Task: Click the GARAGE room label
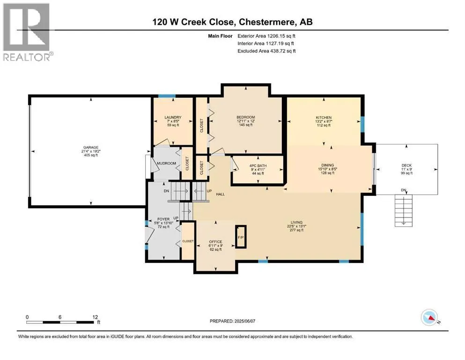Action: pos(91,148)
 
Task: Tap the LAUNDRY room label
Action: pos(173,118)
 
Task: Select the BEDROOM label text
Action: pos(245,117)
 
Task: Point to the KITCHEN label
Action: pos(324,118)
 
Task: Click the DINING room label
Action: pos(328,165)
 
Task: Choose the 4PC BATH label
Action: pos(258,165)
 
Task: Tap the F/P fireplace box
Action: pos(241,237)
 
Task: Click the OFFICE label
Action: pos(215,242)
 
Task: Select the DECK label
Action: pos(406,165)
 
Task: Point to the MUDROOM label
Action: pos(166,163)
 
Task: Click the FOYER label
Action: pos(163,219)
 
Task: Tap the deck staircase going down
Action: pos(403,211)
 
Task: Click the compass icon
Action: pos(429,317)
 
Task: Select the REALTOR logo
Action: pos(27,32)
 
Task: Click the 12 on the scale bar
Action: pos(95,317)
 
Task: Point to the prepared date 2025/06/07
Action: pos(244,321)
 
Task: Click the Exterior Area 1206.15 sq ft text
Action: pos(266,36)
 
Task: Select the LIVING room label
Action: pos(296,222)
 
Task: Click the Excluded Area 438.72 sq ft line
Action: pos(266,51)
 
